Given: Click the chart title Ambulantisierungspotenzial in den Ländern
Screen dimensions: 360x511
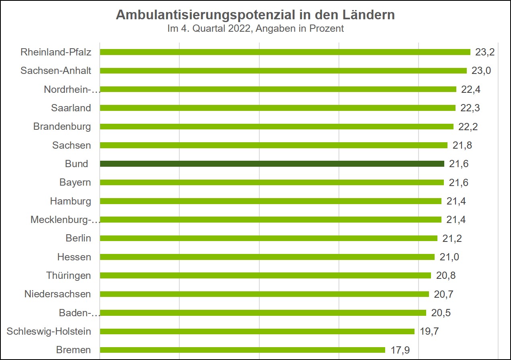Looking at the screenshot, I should coord(255,15).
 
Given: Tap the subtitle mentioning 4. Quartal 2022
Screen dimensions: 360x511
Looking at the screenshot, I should coord(255,29).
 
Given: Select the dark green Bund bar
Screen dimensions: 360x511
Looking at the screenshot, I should coord(272,164).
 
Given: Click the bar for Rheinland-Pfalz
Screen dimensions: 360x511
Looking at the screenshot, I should coord(285,52).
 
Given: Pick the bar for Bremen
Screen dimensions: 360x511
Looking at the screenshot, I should coord(242,350).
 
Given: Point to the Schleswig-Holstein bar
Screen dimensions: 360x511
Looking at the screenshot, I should coord(257,331).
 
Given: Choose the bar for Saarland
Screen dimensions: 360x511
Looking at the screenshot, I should coord(277,108).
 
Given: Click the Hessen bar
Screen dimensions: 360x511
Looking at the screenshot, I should coord(267,257).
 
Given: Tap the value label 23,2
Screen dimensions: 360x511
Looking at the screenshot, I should coord(485,52).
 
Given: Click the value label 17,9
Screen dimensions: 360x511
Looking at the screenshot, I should coord(400,350).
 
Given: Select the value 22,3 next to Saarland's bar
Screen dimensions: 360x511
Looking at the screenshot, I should coord(470,108).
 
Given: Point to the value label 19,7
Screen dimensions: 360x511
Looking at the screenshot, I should coord(429,331).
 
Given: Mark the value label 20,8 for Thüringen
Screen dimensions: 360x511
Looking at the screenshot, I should coord(445,276).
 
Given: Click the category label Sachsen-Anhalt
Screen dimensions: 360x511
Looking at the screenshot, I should coord(56,71).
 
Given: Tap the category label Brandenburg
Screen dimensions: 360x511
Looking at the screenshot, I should coord(62,127).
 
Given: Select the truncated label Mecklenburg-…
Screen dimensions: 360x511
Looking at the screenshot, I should coord(65,220).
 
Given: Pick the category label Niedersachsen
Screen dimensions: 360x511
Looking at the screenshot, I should coord(57,294).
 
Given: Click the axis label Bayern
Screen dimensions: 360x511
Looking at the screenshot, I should coord(75,182).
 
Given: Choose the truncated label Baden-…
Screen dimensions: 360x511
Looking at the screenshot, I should coord(79,313).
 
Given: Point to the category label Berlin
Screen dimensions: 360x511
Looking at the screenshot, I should coord(78,238).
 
